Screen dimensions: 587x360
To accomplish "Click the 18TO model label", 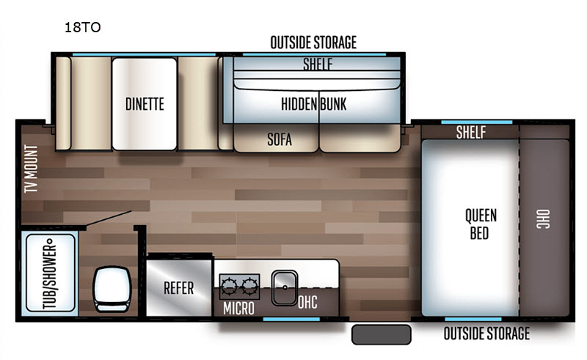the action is [x=83, y=27].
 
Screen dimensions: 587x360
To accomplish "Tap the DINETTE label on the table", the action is [x=145, y=104].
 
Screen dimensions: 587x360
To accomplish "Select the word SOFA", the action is [x=280, y=139].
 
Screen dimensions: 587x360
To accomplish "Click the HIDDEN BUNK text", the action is [x=314, y=104].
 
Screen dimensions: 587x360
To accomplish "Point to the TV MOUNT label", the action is [x=31, y=169].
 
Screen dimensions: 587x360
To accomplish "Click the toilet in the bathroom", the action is [x=112, y=289].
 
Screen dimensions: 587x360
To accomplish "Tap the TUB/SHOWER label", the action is [x=49, y=274].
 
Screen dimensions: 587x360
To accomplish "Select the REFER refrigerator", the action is [x=179, y=287].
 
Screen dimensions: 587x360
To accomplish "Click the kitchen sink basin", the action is [x=285, y=287].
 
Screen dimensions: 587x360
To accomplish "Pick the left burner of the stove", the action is [x=229, y=287].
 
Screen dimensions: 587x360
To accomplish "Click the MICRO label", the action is [x=239, y=309].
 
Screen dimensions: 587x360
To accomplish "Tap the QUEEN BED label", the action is [x=481, y=224].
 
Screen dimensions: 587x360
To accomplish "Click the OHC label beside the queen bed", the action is [x=543, y=219].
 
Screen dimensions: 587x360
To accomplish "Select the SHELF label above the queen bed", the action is [x=471, y=133].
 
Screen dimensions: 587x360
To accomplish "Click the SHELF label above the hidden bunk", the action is [x=318, y=65].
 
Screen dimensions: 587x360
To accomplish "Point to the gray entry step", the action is [x=382, y=334].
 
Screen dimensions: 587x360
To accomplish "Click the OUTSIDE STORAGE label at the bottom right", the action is [x=486, y=334].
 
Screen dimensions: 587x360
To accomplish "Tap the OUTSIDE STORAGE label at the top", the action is [x=313, y=43].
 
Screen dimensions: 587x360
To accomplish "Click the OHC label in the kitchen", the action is [x=307, y=302].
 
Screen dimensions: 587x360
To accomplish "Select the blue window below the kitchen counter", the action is [x=291, y=319].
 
